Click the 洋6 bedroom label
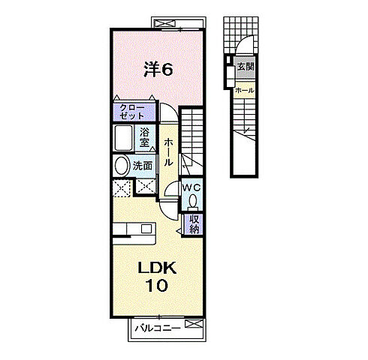[x=158, y=69]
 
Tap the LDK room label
[x=158, y=268]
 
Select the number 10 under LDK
[x=157, y=286]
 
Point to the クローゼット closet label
[x=132, y=112]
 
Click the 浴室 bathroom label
[x=144, y=137]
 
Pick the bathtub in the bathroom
[x=123, y=138]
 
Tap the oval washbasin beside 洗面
[x=122, y=166]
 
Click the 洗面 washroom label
[x=143, y=166]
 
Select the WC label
[x=192, y=187]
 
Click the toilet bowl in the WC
[x=192, y=202]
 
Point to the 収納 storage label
[x=194, y=224]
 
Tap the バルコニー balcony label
[x=158, y=328]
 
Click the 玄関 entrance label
[x=246, y=67]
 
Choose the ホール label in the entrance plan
[x=245, y=91]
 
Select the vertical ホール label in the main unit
[x=168, y=152]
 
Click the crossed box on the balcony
[x=195, y=324]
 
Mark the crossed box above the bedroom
[x=164, y=24]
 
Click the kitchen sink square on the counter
[x=146, y=229]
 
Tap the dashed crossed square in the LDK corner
[x=122, y=187]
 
